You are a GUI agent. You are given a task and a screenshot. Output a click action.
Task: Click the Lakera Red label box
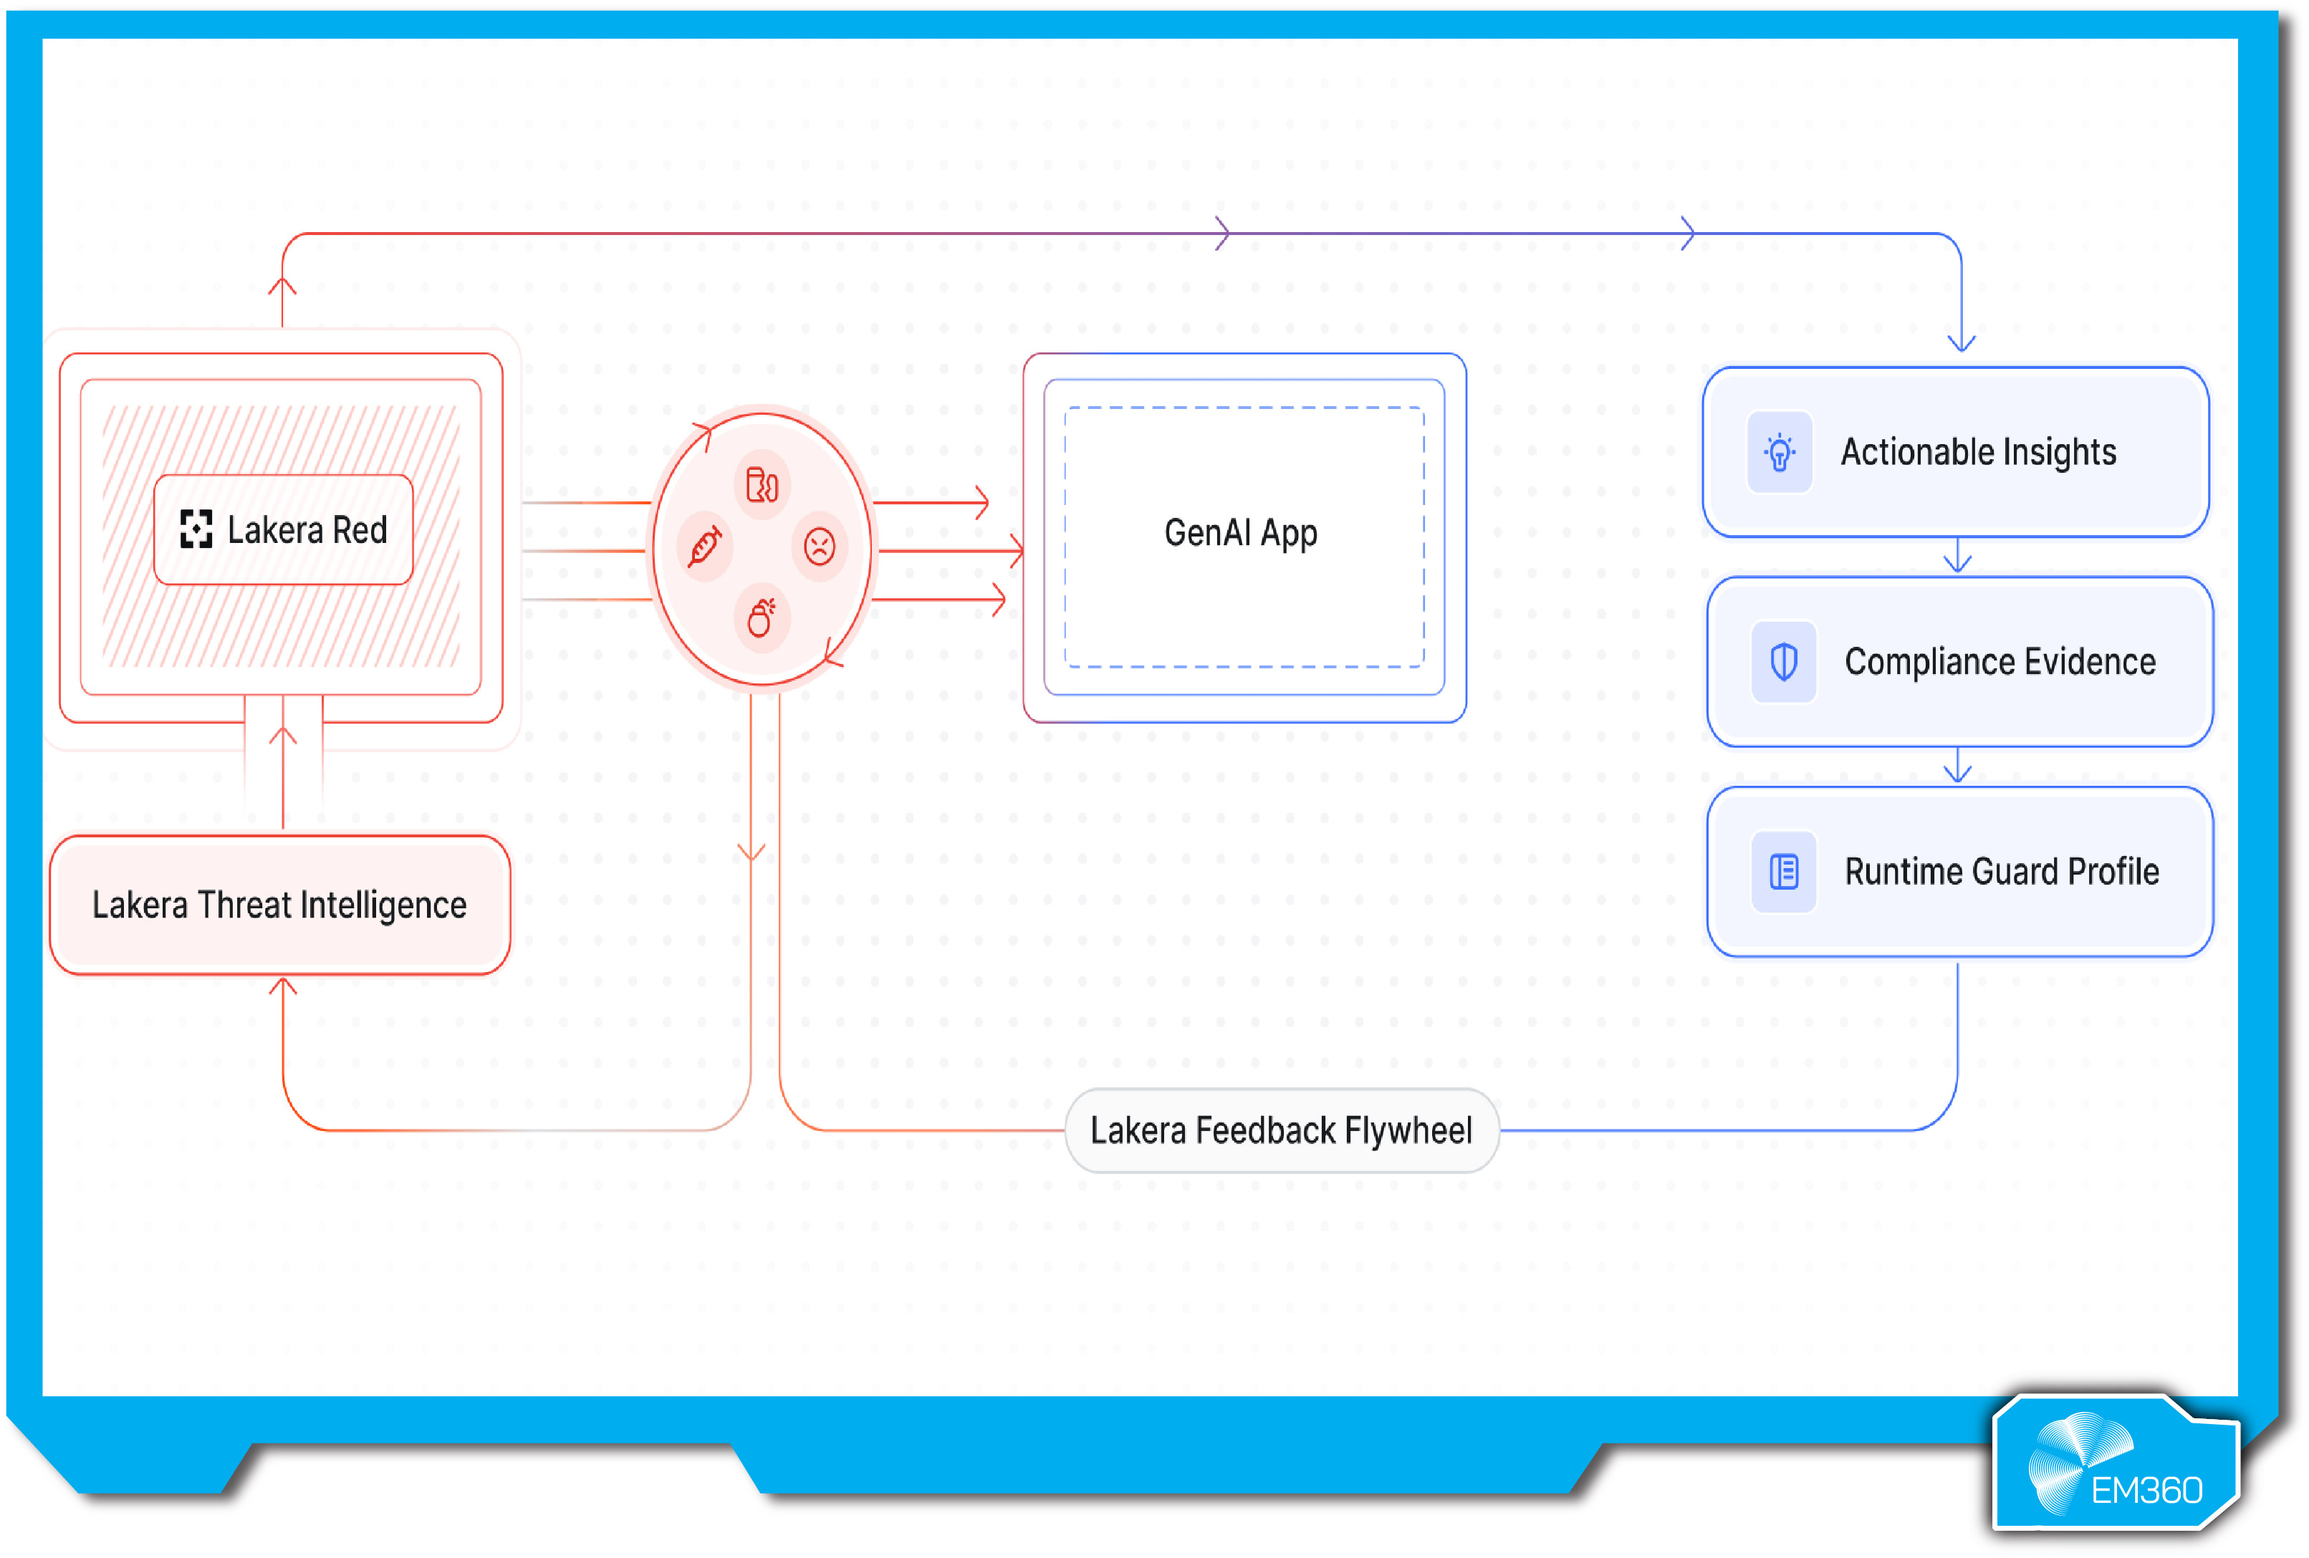283,529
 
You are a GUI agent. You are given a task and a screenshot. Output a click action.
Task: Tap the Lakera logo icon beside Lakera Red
196,529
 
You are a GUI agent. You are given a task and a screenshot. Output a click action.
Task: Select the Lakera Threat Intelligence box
279,904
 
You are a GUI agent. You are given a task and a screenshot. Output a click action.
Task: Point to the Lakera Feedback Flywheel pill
1281,1131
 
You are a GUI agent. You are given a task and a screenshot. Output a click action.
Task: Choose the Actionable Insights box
1955,452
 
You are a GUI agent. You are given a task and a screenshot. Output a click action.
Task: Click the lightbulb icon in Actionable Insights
1780,452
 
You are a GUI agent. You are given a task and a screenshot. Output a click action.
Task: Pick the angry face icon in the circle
819,547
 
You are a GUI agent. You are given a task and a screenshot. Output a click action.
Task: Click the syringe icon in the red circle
704,547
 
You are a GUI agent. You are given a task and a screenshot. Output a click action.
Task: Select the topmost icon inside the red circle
762,485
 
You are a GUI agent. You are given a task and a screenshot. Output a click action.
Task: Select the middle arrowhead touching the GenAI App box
1017,550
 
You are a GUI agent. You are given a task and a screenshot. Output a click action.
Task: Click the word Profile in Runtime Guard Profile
2113,872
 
